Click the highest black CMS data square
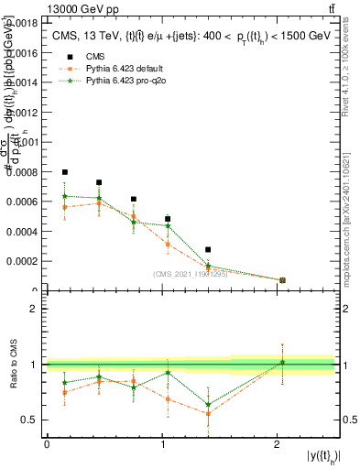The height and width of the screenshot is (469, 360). pos(65,172)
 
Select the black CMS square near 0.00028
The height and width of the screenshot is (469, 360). pos(208,249)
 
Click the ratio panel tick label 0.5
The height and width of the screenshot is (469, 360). pos(30,420)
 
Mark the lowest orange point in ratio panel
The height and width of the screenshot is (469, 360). pos(208,413)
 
